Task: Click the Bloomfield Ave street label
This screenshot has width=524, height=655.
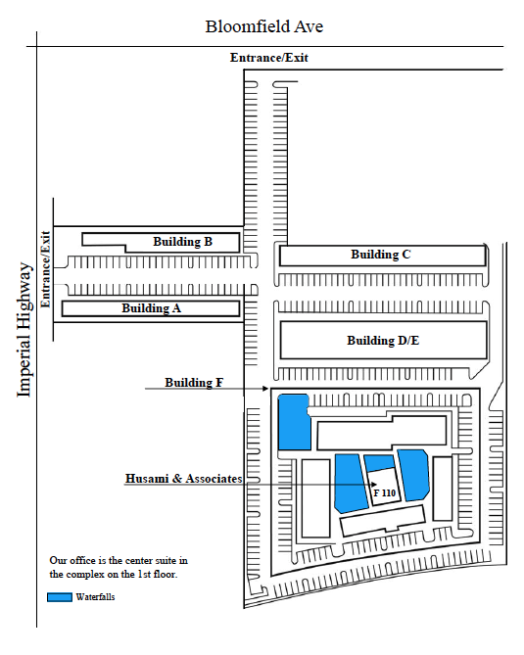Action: point(264,26)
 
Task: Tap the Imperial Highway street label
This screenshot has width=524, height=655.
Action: point(24,330)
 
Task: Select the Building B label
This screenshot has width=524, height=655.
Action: point(182,242)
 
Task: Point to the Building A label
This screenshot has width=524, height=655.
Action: point(151,308)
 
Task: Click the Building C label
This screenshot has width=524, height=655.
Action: point(381,255)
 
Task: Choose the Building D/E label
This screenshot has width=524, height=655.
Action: point(383,341)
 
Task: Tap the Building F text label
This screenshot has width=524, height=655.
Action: point(194,383)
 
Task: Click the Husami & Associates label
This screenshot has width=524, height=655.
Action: point(184,479)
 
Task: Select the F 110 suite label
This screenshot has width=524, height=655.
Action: point(385,492)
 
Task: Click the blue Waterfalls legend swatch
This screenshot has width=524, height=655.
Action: point(60,597)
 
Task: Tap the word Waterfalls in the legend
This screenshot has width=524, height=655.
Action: point(95,597)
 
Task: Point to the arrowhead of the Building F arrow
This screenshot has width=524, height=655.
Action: point(265,389)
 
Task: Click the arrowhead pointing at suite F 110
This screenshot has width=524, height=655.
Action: point(374,485)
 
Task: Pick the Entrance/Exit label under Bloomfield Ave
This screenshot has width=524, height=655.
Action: point(269,58)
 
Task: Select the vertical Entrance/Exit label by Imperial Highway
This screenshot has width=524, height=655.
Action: point(45,269)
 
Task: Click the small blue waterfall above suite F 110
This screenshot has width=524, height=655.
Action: point(379,463)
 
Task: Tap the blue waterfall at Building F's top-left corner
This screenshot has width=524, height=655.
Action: point(294,422)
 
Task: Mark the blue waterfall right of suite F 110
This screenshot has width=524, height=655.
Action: point(413,475)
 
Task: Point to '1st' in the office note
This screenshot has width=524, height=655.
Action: point(144,575)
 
